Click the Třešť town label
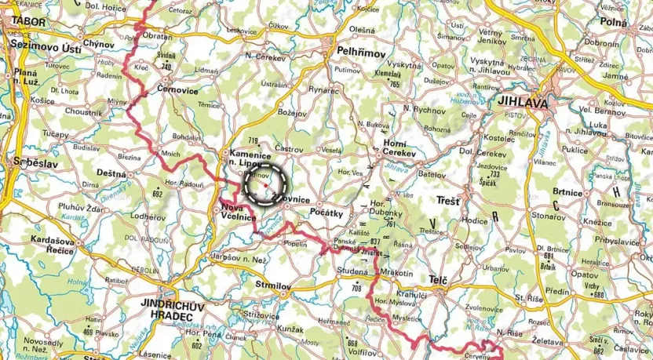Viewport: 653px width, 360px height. pos(449,202)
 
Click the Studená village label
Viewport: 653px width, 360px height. pos(352,271)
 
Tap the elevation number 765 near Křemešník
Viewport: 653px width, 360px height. pos(393,84)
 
